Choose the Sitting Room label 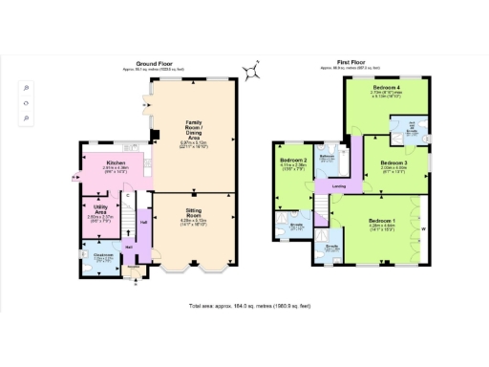194,219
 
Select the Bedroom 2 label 293,161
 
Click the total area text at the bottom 244,307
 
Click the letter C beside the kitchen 126,195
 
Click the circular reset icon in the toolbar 26,102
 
